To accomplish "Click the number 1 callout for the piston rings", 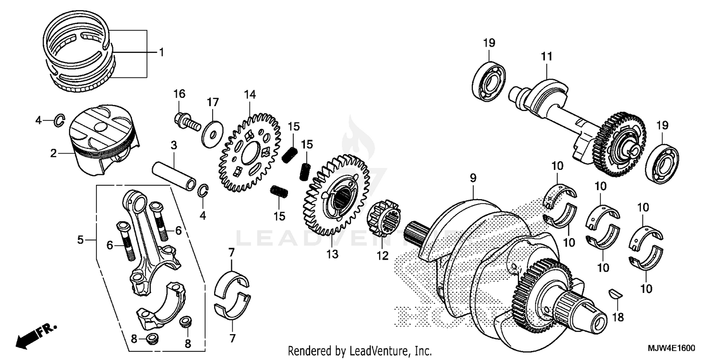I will pyautogui.click(x=161, y=52).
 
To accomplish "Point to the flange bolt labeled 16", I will pyautogui.click(x=187, y=120).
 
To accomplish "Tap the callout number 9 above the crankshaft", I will pyautogui.click(x=473, y=178).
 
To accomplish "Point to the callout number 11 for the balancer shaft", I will pyautogui.click(x=547, y=57).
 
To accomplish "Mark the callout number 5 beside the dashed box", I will pyautogui.click(x=81, y=239).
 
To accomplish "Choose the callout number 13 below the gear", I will pyautogui.click(x=332, y=253).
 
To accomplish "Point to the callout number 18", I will pyautogui.click(x=618, y=317).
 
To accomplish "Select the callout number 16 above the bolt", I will pyautogui.click(x=179, y=93).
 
